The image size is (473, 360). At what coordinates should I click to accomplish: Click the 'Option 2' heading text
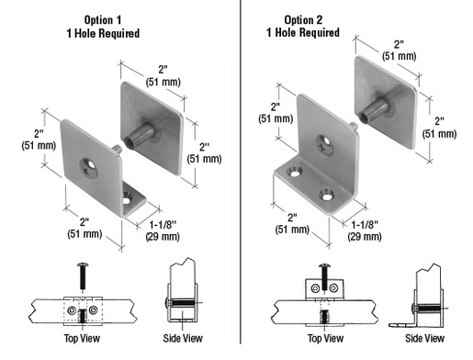[x=310, y=19]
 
